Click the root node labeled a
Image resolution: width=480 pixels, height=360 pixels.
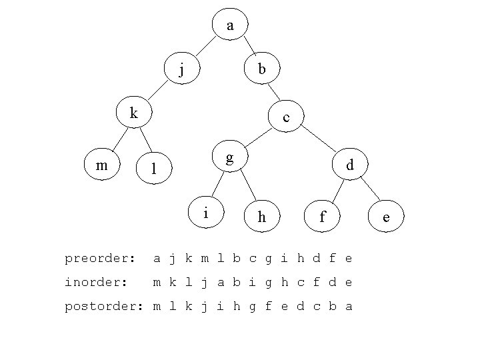(230, 25)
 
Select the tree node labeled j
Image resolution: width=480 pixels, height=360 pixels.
(183, 69)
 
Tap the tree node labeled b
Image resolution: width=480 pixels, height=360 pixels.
(262, 68)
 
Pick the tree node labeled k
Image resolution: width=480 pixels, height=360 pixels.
(133, 113)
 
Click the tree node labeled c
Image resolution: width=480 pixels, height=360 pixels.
(286, 117)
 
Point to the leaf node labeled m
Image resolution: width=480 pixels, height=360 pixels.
(102, 165)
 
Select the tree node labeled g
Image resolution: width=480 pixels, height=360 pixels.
(229, 157)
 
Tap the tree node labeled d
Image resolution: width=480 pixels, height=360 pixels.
(349, 165)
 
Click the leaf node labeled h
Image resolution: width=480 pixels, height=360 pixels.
(261, 216)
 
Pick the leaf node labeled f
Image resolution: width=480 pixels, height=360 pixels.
(322, 216)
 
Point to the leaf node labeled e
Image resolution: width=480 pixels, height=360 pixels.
(386, 216)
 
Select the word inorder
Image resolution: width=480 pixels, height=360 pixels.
(96, 283)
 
